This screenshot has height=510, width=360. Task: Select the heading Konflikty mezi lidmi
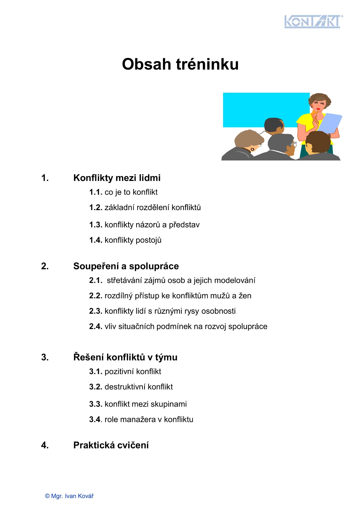coord(117,178)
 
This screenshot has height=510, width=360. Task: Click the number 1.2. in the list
coord(96,207)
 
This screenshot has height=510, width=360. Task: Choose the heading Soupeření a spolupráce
coord(126,266)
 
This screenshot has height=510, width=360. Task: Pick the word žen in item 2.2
coord(245,296)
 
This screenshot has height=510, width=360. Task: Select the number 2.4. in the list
coord(96,326)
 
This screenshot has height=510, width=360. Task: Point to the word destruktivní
coord(125,387)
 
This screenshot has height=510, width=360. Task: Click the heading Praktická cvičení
coord(111,445)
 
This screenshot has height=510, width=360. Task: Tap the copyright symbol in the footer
coord(47,496)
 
